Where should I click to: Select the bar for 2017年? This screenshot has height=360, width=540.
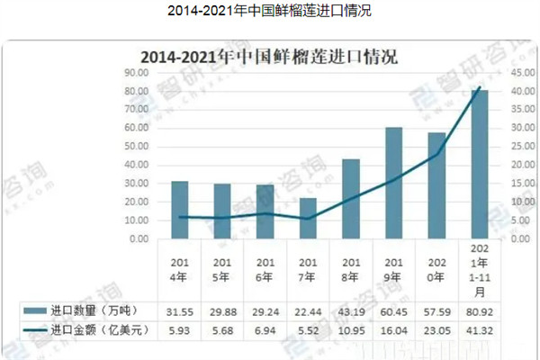(x=309, y=219)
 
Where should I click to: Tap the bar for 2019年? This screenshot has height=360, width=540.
(x=394, y=184)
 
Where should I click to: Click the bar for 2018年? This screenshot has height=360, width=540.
(x=351, y=199)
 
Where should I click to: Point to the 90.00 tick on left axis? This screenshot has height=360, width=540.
(x=137, y=73)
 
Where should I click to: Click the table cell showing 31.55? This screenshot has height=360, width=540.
(x=180, y=310)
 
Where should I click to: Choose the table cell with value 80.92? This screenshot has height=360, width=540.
(x=480, y=310)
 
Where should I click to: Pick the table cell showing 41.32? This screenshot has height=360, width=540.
(x=480, y=330)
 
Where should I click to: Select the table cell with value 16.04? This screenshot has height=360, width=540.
(x=394, y=330)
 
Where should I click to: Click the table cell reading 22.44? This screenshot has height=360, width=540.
(x=309, y=310)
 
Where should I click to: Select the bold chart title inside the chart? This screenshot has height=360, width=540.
(x=269, y=56)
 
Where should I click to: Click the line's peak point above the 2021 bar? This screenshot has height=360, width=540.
(x=480, y=86)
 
